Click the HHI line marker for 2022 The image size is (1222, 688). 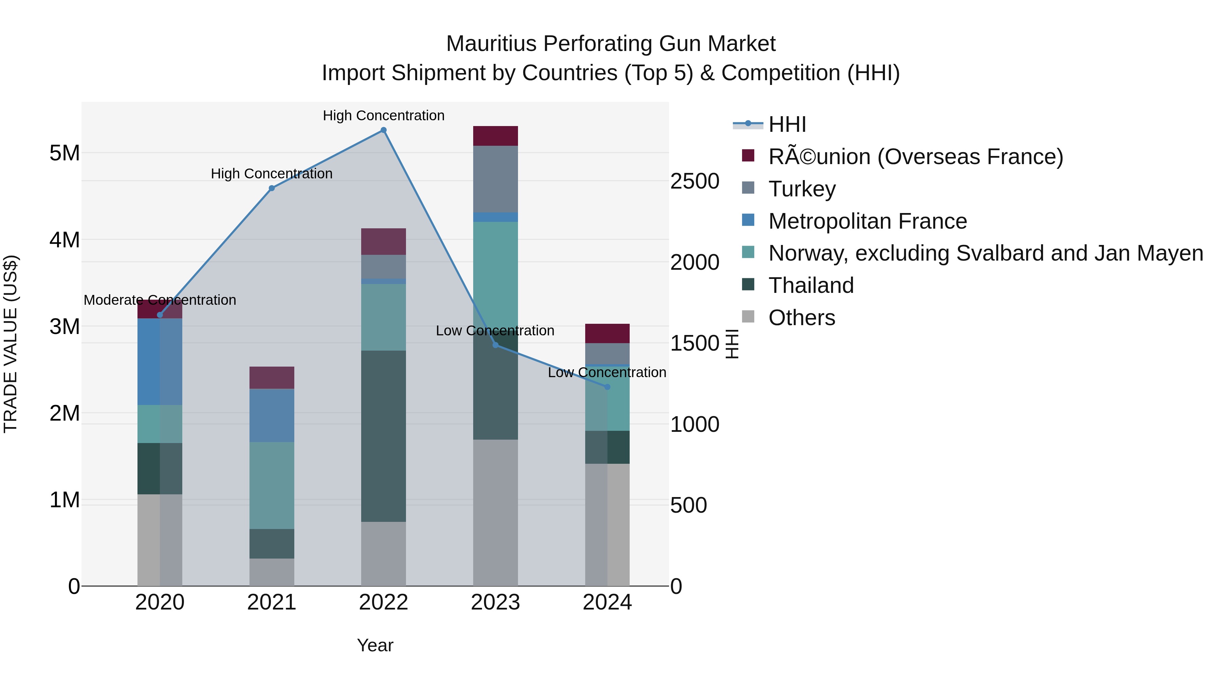pyautogui.click(x=383, y=130)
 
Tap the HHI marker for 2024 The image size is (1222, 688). pyautogui.click(x=607, y=387)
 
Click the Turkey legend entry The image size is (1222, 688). pyautogui.click(x=802, y=189)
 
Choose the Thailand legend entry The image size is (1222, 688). pyautogui.click(x=811, y=285)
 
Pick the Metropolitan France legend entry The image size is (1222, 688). pyautogui.click(x=867, y=221)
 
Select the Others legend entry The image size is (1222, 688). pyautogui.click(x=801, y=318)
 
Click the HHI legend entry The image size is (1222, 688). pyautogui.click(x=787, y=124)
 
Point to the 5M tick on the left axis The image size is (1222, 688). pyautogui.click(x=64, y=153)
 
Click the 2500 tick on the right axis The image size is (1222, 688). pyautogui.click(x=695, y=181)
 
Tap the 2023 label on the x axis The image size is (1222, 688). pyautogui.click(x=495, y=602)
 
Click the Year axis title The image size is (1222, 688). pyautogui.click(x=375, y=645)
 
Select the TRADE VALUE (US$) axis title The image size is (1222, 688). pyautogui.click(x=11, y=344)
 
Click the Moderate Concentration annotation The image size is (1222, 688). pyautogui.click(x=160, y=300)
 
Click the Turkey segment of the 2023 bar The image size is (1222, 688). pyautogui.click(x=495, y=179)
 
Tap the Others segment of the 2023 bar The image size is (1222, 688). pyautogui.click(x=495, y=512)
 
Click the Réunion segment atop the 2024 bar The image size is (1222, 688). pyautogui.click(x=607, y=333)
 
